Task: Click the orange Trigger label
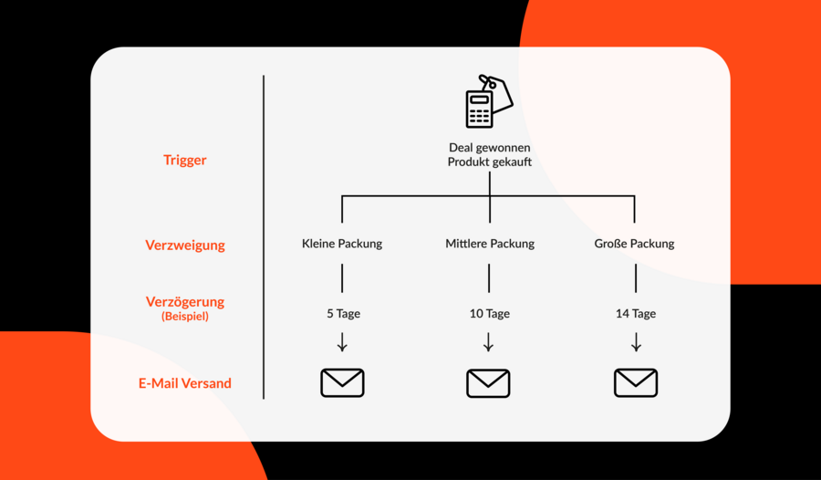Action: pos(185,160)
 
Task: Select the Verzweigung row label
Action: pos(185,245)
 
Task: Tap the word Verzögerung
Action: pos(185,302)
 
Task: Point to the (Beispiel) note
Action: pos(185,316)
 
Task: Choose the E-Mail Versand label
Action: pos(185,383)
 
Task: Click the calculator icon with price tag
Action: pos(489,101)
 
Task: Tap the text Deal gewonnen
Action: pos(490,148)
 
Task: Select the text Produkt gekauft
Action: pos(490,162)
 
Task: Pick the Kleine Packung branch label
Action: pos(342,244)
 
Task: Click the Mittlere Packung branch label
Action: pos(490,244)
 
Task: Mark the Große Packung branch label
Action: pos(634,244)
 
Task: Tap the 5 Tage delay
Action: pos(344,313)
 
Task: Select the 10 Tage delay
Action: pos(490,313)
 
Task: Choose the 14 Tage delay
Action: pos(636,313)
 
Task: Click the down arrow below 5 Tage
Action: pos(342,341)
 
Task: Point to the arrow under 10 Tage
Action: pos(489,341)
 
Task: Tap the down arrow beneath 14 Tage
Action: pos(636,341)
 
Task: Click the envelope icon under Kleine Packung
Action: pos(342,382)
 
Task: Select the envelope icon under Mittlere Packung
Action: pos(489,383)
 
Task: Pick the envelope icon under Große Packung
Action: pos(636,382)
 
